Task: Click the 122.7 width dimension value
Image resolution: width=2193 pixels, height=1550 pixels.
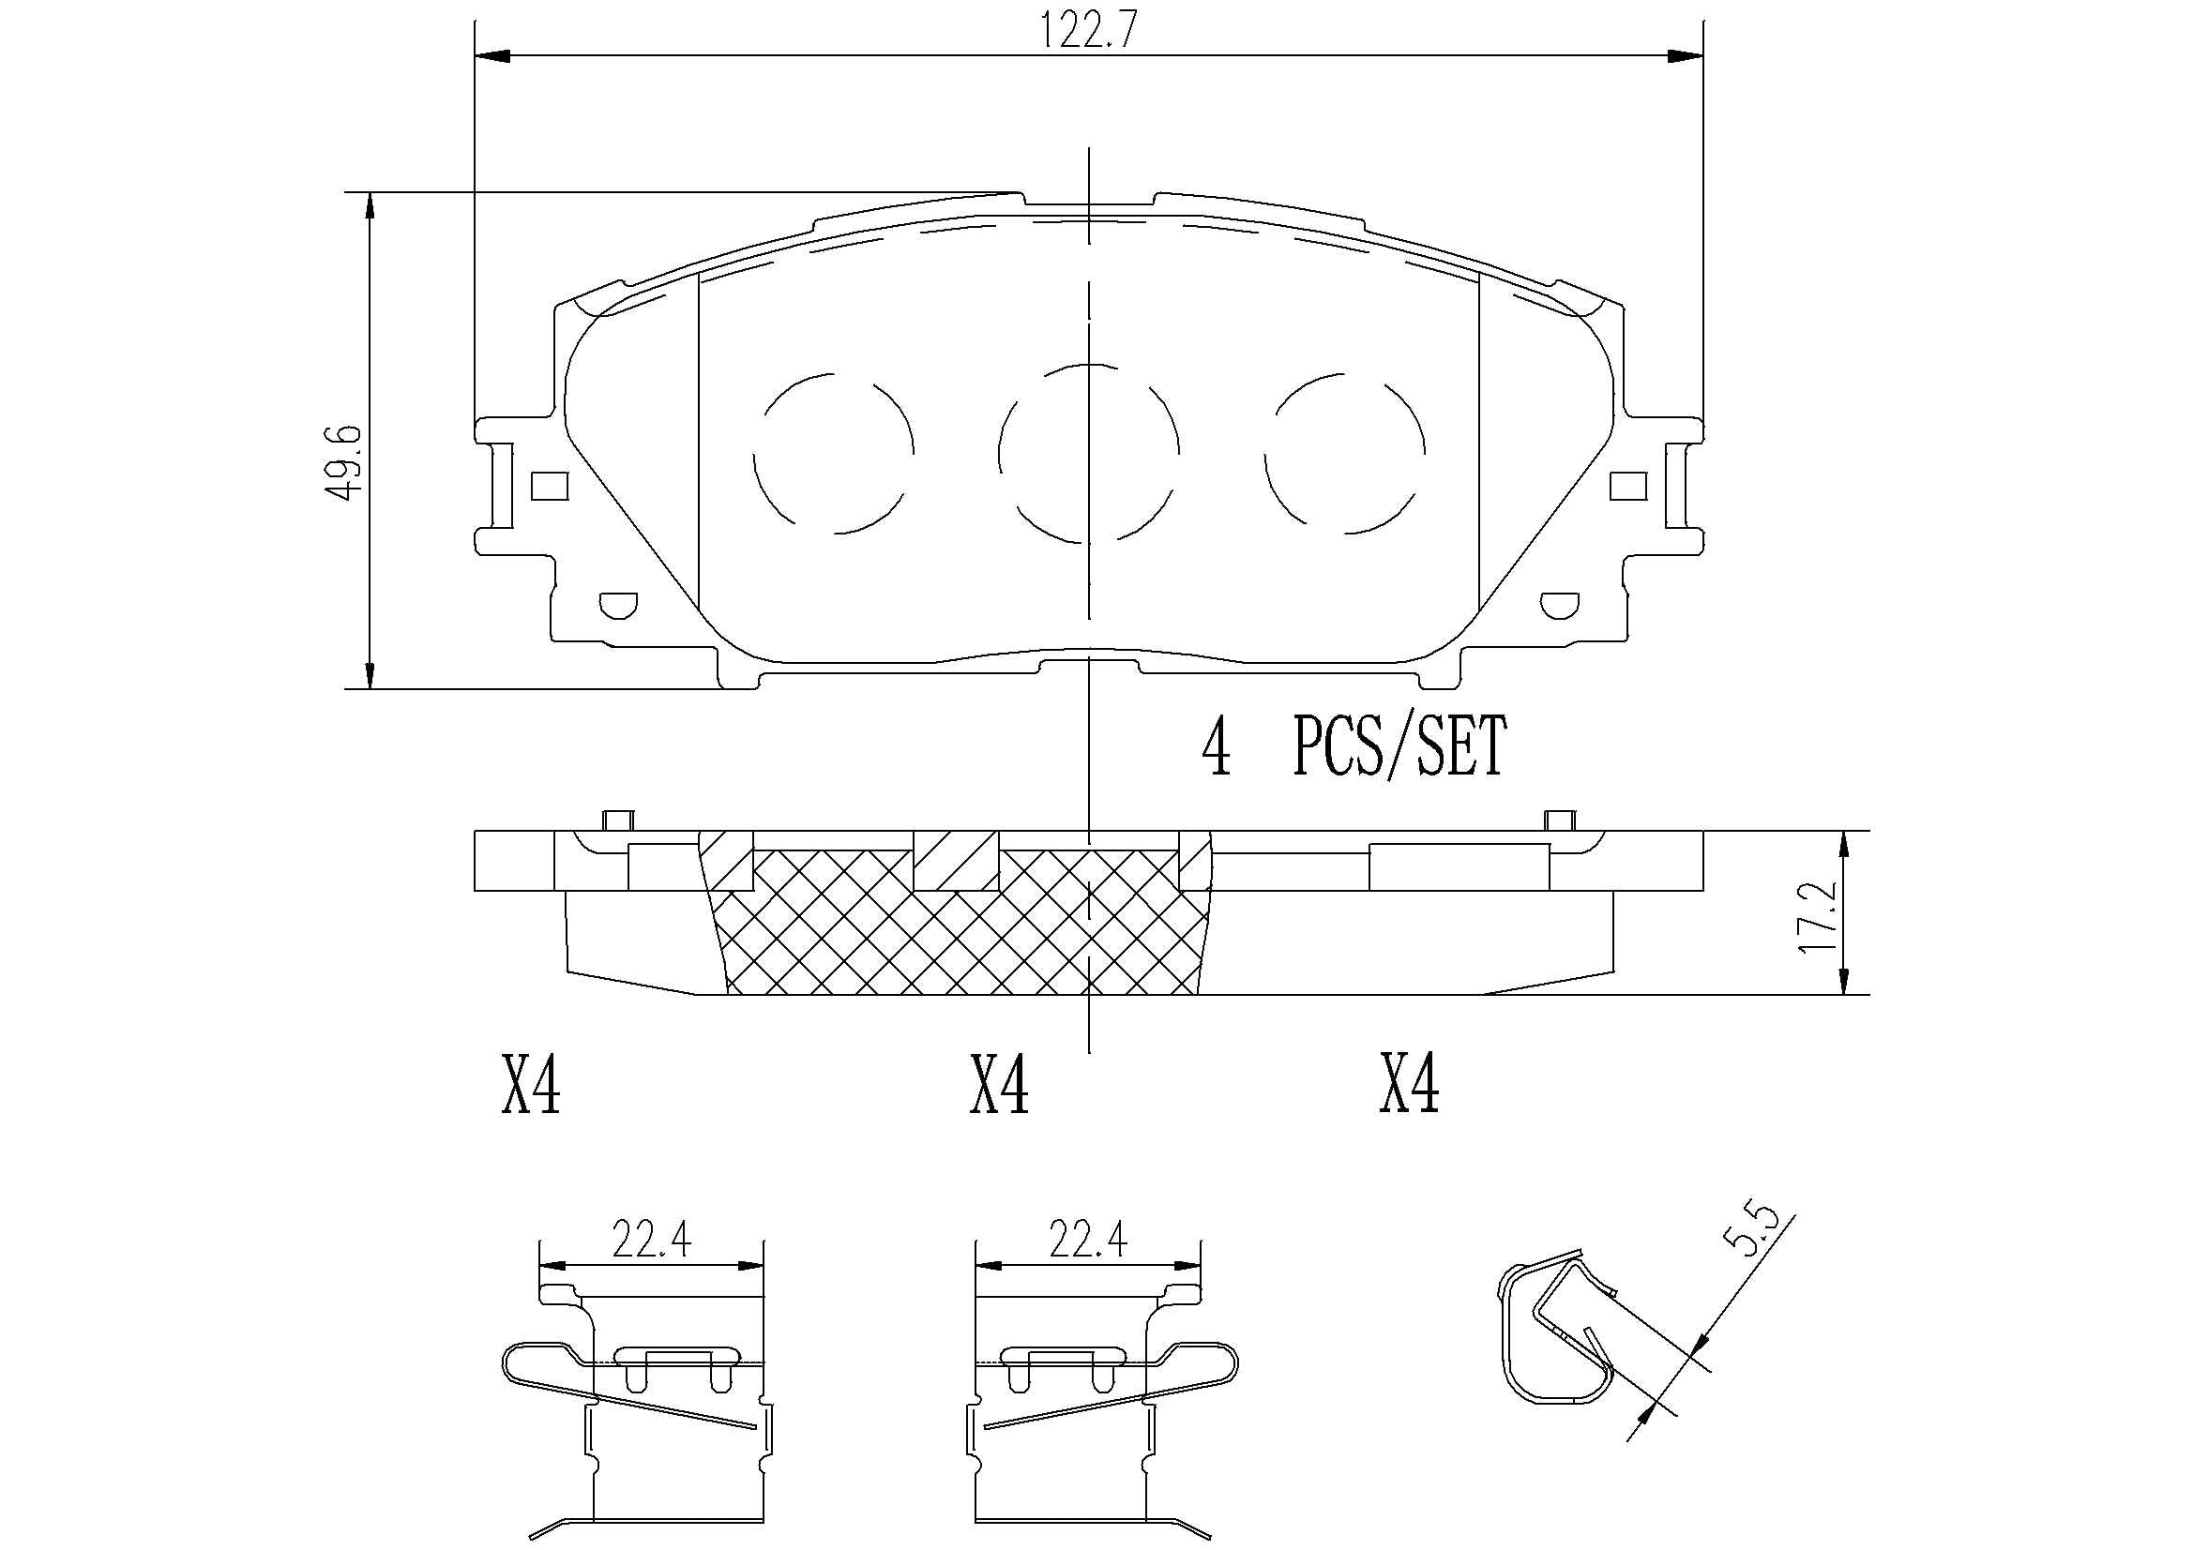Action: pos(1088,31)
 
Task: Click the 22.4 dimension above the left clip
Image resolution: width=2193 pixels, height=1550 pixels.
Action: pos(651,1241)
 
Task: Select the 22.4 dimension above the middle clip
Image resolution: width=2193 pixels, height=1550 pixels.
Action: pos(1088,1241)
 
